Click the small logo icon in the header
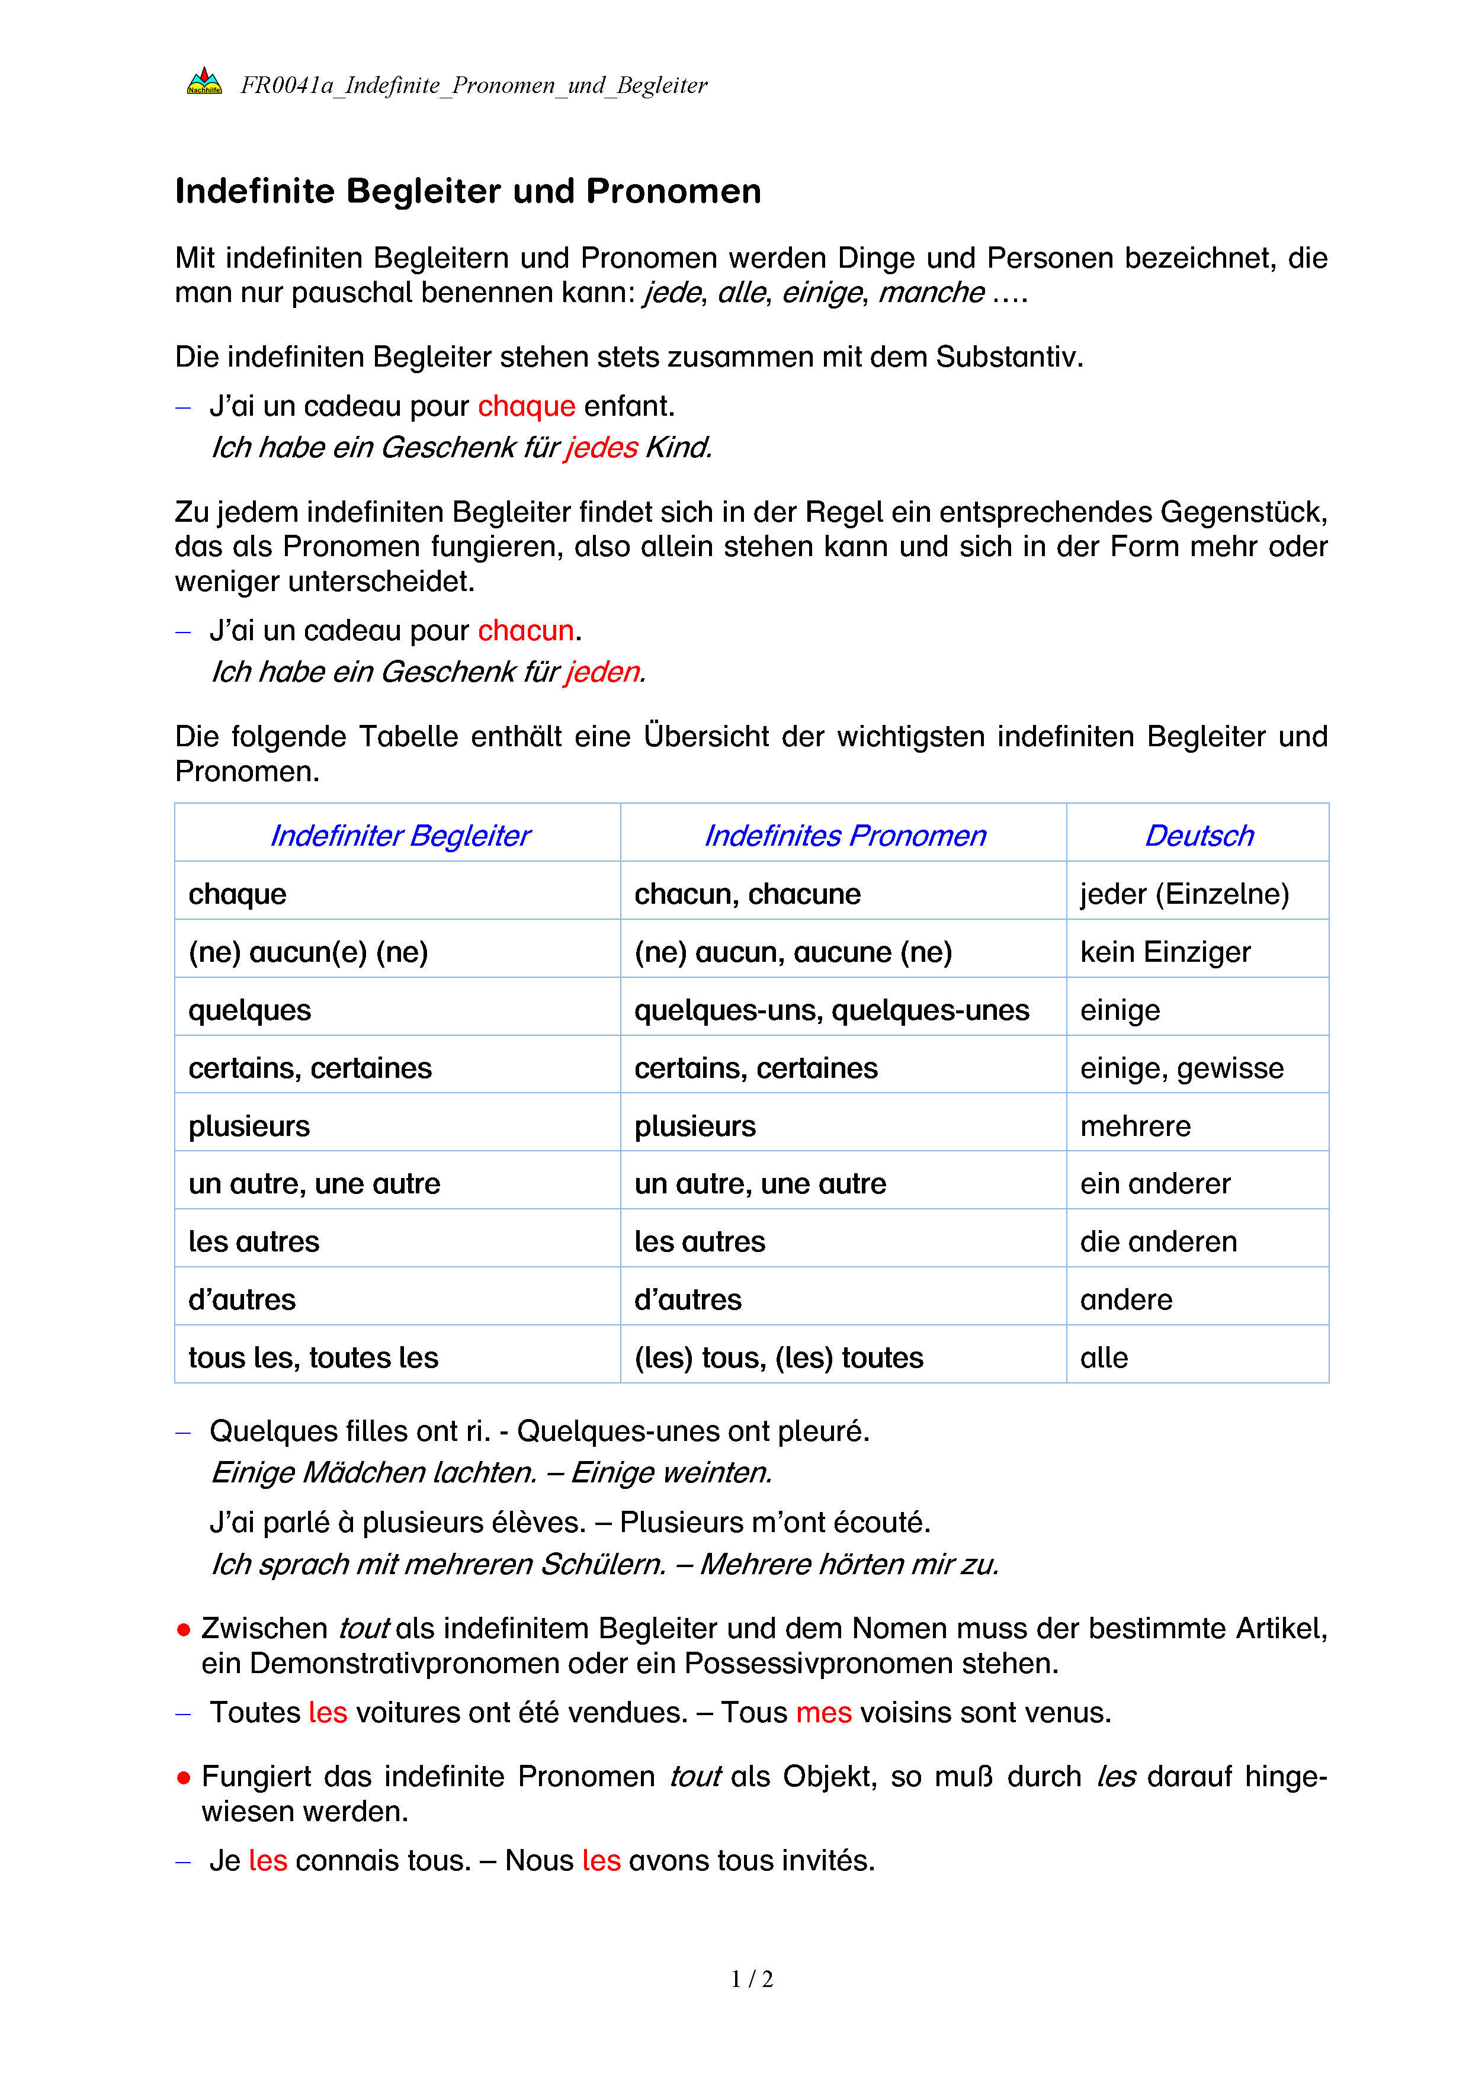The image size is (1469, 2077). [x=204, y=82]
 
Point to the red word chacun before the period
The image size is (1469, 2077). [x=525, y=631]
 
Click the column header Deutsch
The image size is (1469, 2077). [x=1198, y=835]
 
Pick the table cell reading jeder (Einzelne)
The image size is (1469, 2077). [x=1184, y=894]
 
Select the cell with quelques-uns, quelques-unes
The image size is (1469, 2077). [x=831, y=1010]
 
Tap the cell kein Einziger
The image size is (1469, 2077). [x=1165, y=952]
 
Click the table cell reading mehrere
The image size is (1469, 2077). [x=1136, y=1125]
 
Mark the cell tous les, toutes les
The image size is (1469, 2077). [x=313, y=1357]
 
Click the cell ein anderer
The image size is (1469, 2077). [x=1155, y=1183]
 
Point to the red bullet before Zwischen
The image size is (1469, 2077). [x=184, y=1630]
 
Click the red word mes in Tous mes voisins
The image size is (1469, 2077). [x=823, y=1712]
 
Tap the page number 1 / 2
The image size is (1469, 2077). [x=752, y=1979]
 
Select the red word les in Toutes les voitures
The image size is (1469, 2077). [x=328, y=1712]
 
